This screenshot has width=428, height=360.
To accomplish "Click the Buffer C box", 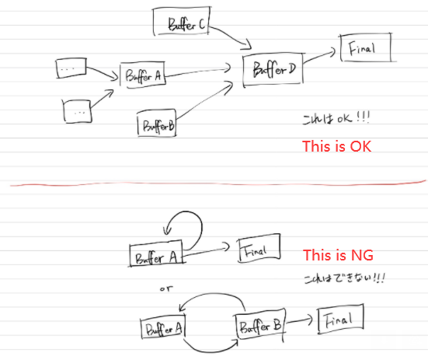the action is (182, 21).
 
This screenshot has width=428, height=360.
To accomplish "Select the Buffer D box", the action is (273, 70).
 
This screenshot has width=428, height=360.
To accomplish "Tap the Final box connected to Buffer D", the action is (366, 47).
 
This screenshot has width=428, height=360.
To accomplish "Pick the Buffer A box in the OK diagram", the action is (142, 75).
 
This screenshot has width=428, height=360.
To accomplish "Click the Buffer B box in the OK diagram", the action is (157, 123).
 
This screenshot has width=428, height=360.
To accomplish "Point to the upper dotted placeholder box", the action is (71, 68).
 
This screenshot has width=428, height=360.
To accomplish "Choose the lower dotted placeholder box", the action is (77, 111).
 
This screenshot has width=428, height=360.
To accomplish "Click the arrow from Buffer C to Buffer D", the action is (232, 35).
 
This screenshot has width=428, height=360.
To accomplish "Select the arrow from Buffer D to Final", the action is (319, 57).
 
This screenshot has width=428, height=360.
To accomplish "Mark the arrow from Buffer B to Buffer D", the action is (205, 100).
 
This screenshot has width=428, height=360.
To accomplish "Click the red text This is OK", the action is (337, 146).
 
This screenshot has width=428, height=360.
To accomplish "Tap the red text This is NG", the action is (338, 255).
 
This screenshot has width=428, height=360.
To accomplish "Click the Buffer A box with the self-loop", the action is (157, 253).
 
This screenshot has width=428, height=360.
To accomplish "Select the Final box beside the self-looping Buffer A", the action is (259, 248).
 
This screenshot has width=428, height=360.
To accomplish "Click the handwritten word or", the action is (166, 288).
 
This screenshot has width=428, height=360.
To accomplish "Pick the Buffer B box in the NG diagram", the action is (260, 324).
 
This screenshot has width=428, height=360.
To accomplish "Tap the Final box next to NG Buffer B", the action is (341, 319).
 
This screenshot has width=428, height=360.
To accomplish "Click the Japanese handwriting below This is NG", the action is (344, 278).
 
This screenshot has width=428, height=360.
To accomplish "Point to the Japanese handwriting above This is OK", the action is (336, 118).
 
